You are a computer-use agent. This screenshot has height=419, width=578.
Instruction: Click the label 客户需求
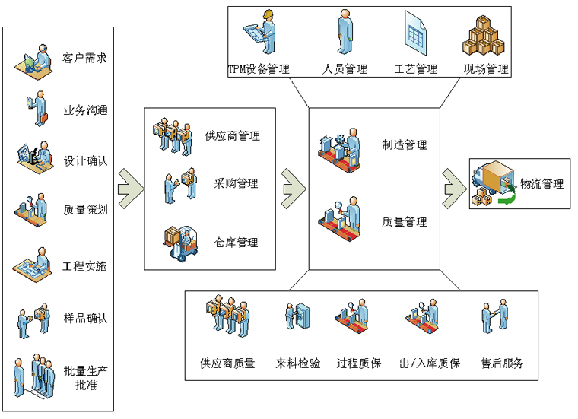(x=84, y=58)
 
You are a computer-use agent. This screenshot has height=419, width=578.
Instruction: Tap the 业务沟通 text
(x=84, y=110)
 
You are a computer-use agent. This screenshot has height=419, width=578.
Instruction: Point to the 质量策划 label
(x=84, y=210)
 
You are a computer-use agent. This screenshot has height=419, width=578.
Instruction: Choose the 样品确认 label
(x=84, y=318)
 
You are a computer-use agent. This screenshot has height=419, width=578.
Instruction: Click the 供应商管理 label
(x=232, y=136)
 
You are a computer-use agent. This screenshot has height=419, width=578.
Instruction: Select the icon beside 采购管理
(x=179, y=186)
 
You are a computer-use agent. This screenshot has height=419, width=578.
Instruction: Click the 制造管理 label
(x=405, y=145)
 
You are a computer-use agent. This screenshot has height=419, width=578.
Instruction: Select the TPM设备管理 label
(x=259, y=69)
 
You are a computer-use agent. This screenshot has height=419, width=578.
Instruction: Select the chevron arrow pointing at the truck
(x=455, y=183)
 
